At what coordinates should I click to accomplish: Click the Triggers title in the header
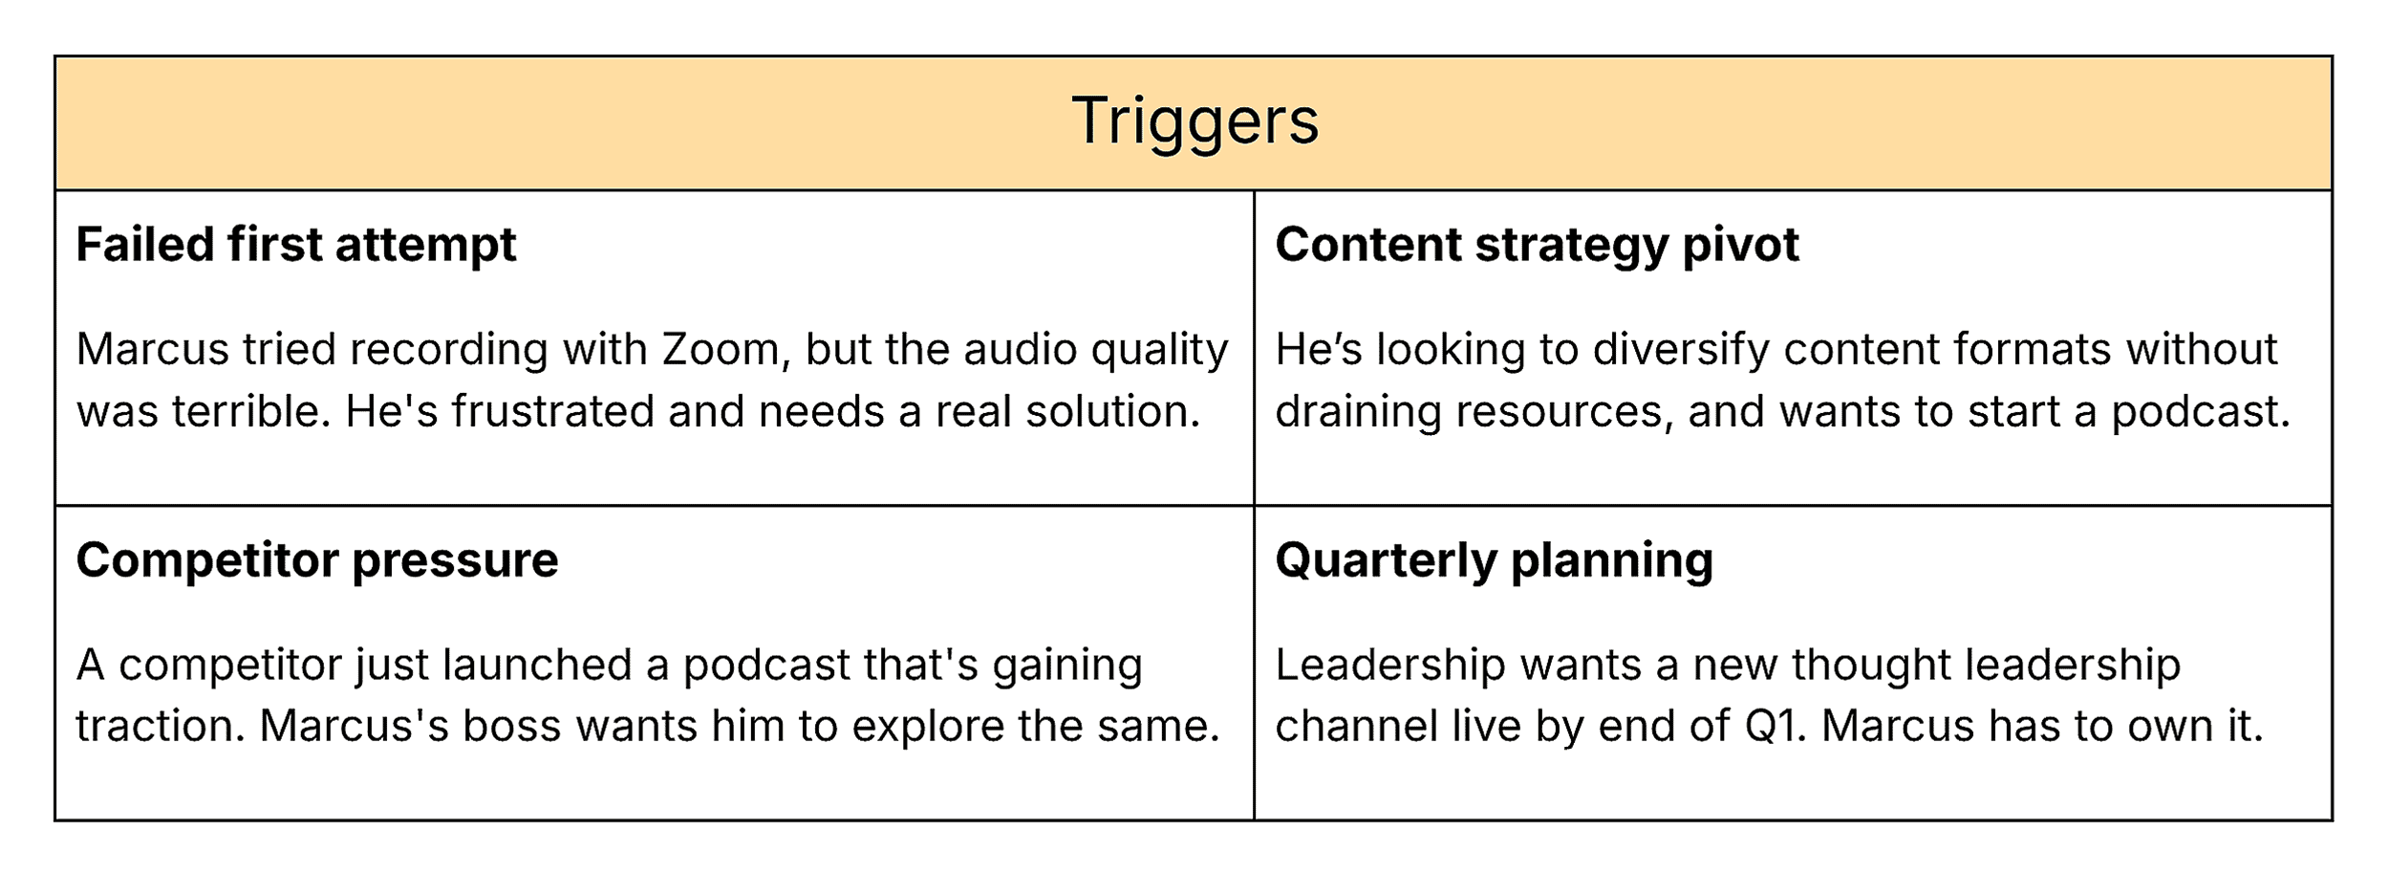pos(1194,121)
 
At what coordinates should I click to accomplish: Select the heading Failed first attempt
pos(296,245)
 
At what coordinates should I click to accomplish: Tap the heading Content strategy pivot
pos(1537,245)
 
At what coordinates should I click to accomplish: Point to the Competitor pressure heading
pos(317,560)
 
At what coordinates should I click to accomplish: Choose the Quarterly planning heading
pos(1494,560)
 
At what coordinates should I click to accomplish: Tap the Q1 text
pos(1775,727)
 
